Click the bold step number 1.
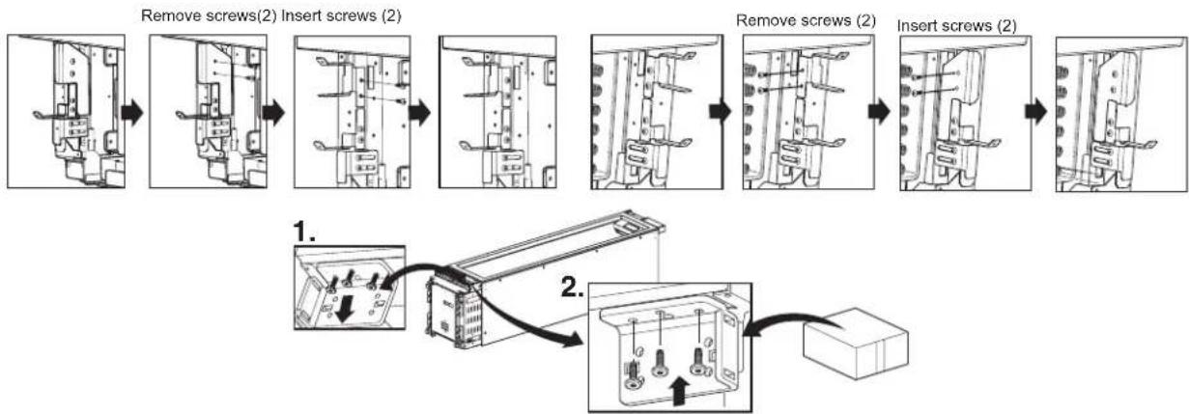tap(303, 231)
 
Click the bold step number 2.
tap(573, 288)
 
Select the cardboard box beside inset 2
tap(856, 343)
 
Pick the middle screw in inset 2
tap(660, 363)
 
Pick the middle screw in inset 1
tap(350, 278)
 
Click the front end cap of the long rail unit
tap(450, 314)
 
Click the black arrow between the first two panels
tap(132, 112)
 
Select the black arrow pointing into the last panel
tap(1035, 112)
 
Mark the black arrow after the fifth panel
tap(721, 111)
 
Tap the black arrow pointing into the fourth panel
tap(419, 113)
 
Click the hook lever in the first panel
tap(50, 115)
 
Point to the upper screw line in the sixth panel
tap(781, 73)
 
